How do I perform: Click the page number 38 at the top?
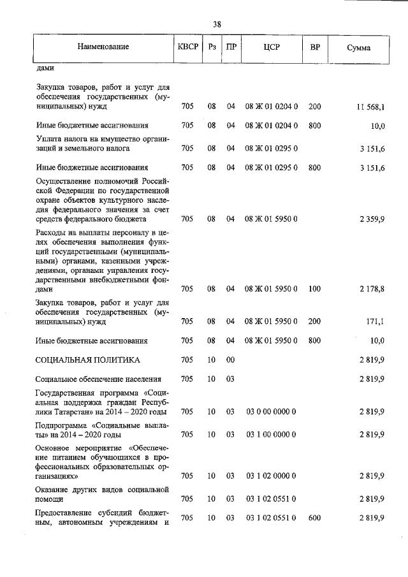[x=217, y=24]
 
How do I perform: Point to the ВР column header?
[x=314, y=48]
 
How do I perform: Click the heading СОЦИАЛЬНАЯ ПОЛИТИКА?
[x=87, y=360]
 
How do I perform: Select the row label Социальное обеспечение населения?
[x=98, y=379]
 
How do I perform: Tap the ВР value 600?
[x=314, y=518]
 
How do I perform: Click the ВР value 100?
[x=314, y=289]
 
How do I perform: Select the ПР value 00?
[x=231, y=360]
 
